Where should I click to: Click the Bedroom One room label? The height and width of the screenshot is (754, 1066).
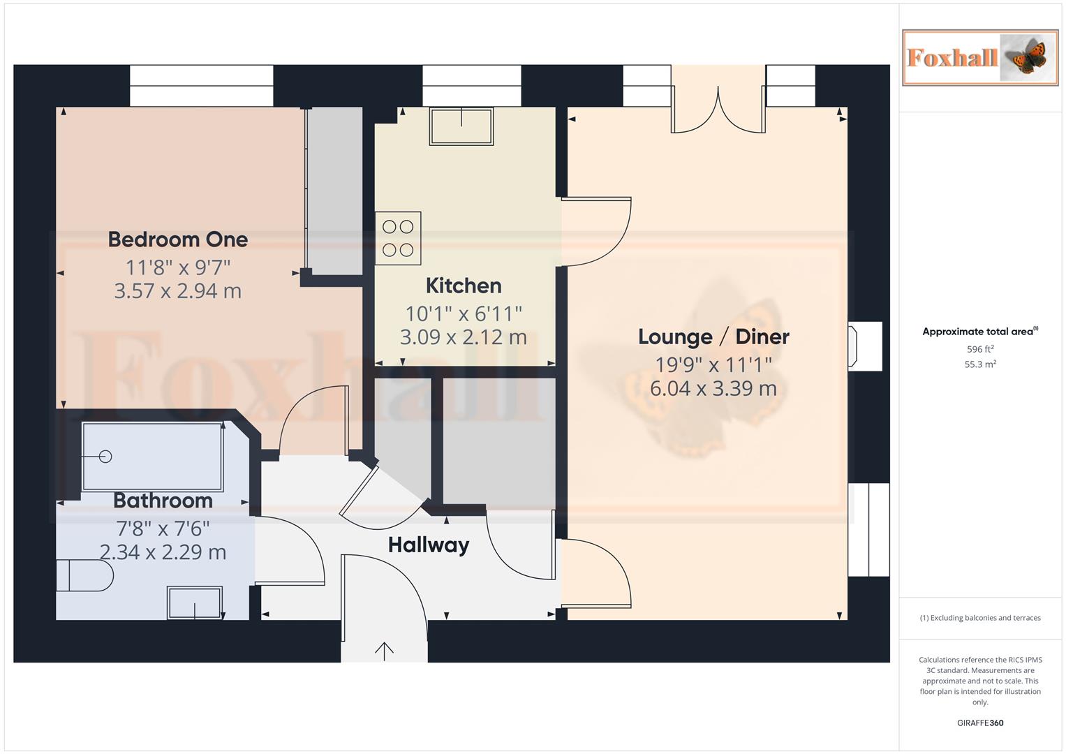pos(178,239)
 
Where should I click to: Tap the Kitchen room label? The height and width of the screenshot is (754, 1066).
pos(464,286)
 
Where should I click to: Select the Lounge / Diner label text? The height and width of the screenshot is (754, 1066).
pos(713,337)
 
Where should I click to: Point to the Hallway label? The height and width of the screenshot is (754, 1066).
pos(428,545)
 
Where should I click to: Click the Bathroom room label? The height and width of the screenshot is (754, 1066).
pos(163,501)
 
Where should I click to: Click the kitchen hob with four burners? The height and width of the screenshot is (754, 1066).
pos(398,238)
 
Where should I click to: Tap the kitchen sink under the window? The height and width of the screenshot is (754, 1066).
pos(461,126)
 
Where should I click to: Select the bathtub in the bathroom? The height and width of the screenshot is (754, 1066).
pos(152,457)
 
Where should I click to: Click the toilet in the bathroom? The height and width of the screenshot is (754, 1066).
pos(86,577)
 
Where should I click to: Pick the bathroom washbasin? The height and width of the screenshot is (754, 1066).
pos(195,602)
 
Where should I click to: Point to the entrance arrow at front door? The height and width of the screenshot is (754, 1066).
pos(384,650)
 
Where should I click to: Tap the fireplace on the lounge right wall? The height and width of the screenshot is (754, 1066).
pos(864,346)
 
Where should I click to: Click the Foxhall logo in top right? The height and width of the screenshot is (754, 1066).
pos(979,58)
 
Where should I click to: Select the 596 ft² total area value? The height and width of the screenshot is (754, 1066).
pos(979,349)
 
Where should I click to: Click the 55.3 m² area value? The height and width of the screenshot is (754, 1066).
pos(979,364)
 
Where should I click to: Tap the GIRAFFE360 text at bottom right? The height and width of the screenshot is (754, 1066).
pos(979,723)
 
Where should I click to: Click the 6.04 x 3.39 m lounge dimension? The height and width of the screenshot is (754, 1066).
pos(713,389)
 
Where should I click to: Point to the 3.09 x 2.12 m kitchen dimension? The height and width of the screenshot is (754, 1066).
pos(463,337)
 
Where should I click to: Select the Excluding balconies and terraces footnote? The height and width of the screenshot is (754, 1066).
pos(979,618)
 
